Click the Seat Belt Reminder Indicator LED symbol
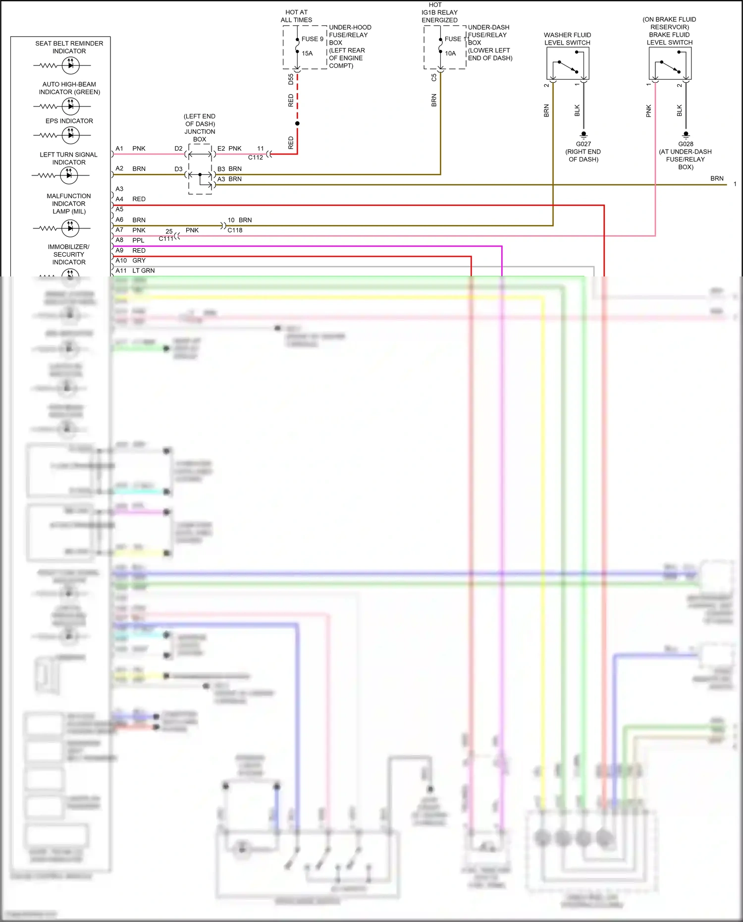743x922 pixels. [x=70, y=65]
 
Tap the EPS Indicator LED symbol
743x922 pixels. [x=70, y=135]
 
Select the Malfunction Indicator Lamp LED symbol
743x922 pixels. [x=70, y=228]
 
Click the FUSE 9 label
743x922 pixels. [x=312, y=39]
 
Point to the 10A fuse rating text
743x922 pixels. [x=450, y=53]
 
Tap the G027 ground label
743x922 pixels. [x=583, y=144]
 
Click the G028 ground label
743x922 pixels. [x=686, y=144]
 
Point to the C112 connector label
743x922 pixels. [x=256, y=157]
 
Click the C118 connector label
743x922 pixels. [x=235, y=230]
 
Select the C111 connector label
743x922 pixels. [x=166, y=238]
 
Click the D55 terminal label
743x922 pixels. [x=291, y=79]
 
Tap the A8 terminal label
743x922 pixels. [x=119, y=240]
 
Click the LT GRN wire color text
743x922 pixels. [x=143, y=271]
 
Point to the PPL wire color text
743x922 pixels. [x=138, y=240]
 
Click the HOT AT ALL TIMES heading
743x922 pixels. [x=296, y=16]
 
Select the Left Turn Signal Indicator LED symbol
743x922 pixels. [x=69, y=175]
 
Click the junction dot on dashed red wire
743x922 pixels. [x=297, y=123]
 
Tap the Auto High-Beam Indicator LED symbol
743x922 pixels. [x=70, y=106]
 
